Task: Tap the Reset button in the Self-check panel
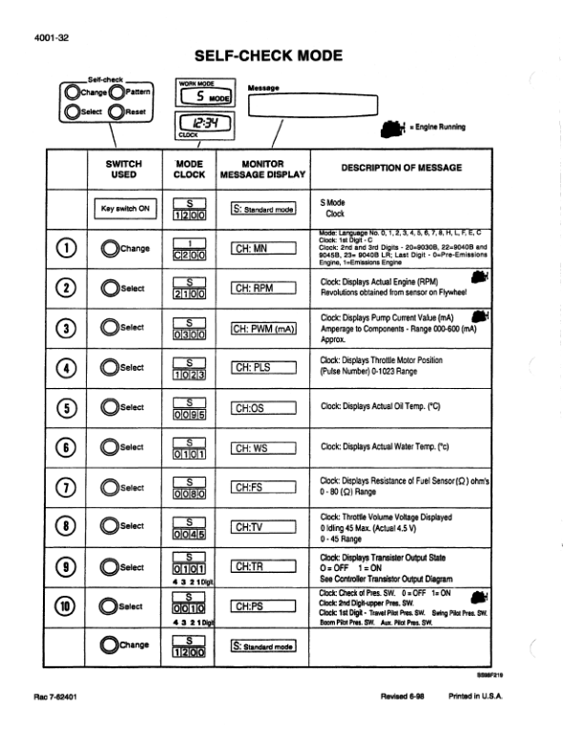tap(118, 112)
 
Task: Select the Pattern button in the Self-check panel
tap(118, 92)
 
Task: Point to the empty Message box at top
tap(311, 105)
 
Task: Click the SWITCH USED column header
tap(123, 170)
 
